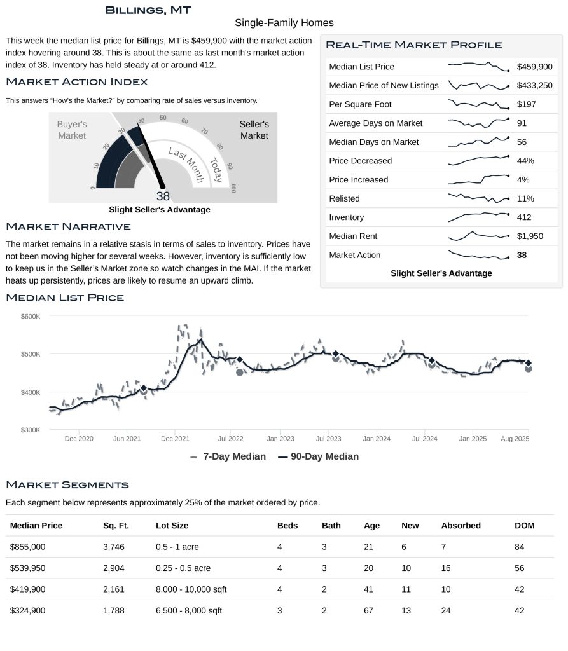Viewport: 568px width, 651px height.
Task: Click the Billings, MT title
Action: coord(148,10)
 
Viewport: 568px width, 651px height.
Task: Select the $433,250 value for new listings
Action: coord(534,86)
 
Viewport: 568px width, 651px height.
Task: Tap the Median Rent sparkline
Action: coord(478,236)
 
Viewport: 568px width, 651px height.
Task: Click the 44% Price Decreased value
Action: coord(525,161)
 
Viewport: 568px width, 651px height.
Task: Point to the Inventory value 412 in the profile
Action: coord(524,217)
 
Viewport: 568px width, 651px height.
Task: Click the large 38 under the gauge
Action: coord(163,196)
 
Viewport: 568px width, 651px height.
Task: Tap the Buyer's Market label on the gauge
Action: coord(72,130)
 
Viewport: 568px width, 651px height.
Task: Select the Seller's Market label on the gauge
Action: coord(254,130)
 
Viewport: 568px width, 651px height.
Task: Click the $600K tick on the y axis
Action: coord(31,316)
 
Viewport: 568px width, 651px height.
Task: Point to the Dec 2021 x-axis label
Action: coord(175,439)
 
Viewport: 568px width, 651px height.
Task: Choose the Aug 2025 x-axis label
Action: coord(516,439)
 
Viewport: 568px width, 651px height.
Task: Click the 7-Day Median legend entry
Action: coord(228,456)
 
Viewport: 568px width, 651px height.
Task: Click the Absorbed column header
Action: coord(461,526)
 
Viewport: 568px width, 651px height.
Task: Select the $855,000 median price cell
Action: coord(28,547)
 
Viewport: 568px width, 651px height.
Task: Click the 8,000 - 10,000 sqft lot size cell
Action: coord(191,589)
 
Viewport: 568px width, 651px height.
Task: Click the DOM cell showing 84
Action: coord(520,547)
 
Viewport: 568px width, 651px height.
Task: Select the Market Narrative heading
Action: coord(68,227)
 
